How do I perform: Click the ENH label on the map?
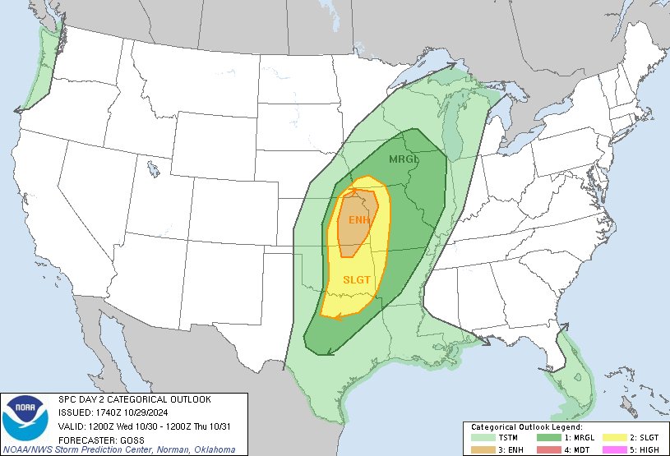pyautogui.click(x=358, y=220)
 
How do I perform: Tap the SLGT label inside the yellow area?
pyautogui.click(x=358, y=280)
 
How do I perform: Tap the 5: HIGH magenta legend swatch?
pyautogui.click(x=613, y=449)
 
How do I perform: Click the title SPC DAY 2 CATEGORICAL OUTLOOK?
pyautogui.click(x=134, y=399)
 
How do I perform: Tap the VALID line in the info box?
pyautogui.click(x=147, y=426)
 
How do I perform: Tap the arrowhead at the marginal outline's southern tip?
pyautogui.click(x=328, y=352)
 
